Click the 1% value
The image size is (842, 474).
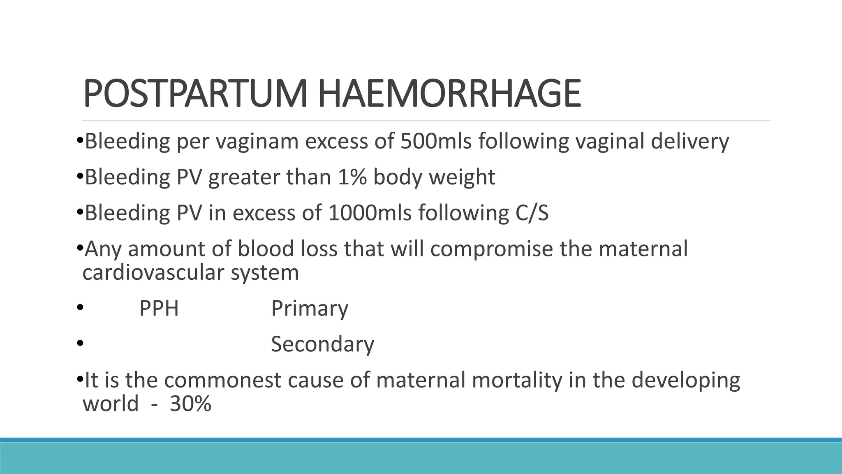352,177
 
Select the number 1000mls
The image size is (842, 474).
370,213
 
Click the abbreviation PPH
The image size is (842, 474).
159,308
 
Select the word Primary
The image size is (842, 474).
310,309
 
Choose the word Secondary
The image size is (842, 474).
322,344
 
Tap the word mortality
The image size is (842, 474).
516,381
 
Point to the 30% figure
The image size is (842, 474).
190,404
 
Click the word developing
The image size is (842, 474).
686,381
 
